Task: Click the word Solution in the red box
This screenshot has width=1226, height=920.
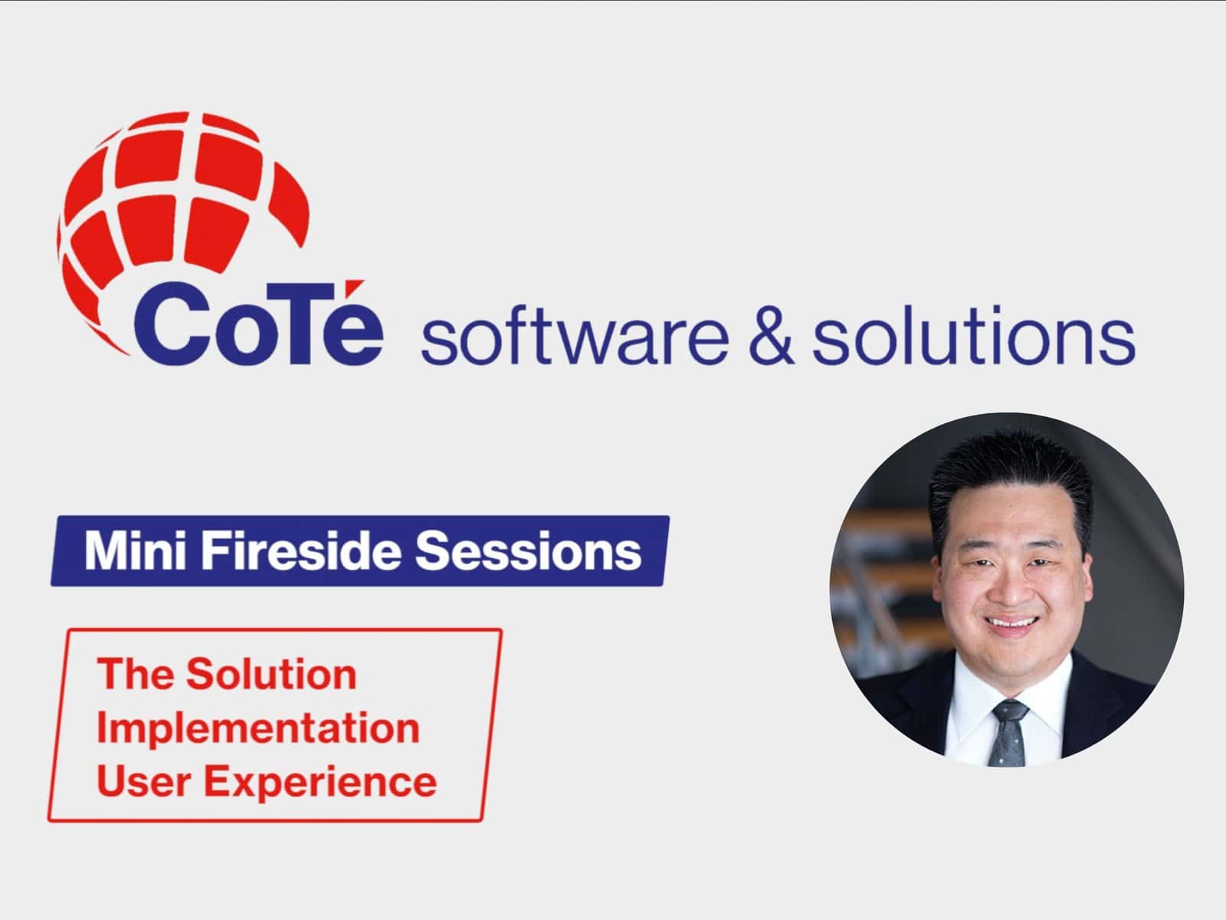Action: tap(272, 675)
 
